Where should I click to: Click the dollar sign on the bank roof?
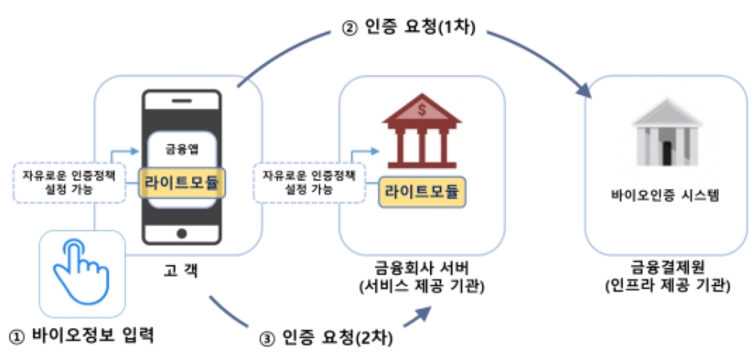422,110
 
